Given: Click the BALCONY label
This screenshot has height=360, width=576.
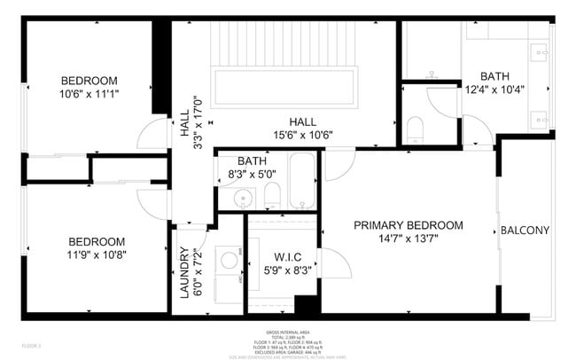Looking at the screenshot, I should (525, 231).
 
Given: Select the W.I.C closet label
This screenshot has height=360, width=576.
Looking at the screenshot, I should (278, 258).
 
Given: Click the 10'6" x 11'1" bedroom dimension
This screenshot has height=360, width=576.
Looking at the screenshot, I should (89, 92).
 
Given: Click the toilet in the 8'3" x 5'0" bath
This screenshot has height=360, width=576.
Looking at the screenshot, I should (273, 195).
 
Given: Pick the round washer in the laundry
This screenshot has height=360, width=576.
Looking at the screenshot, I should (230, 260).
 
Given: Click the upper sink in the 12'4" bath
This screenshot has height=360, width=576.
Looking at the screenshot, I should (539, 52).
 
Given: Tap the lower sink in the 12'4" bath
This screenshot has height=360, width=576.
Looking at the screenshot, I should (539, 117).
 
